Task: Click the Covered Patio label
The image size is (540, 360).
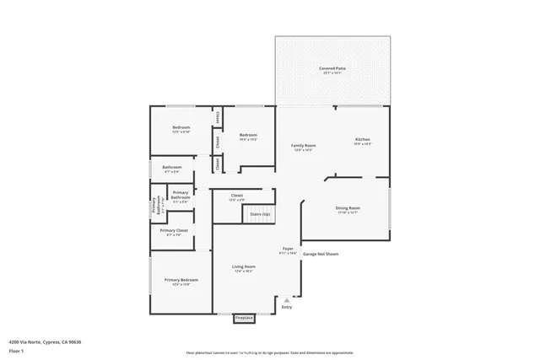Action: pyautogui.click(x=332, y=68)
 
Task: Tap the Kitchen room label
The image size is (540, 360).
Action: pyautogui.click(x=362, y=139)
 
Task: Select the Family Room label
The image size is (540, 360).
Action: pyautogui.click(x=303, y=146)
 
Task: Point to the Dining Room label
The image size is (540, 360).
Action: pyautogui.click(x=348, y=208)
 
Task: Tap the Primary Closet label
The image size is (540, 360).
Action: pyautogui.click(x=174, y=230)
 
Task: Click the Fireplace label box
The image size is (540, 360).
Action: pyautogui.click(x=243, y=318)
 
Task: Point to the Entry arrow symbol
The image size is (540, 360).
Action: pyautogui.click(x=287, y=299)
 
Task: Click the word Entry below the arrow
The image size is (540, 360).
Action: pyautogui.click(x=287, y=308)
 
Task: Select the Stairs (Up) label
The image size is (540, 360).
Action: pyautogui.click(x=261, y=214)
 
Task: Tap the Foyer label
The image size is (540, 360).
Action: pyautogui.click(x=289, y=250)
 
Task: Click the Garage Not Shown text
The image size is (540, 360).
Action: pyautogui.click(x=321, y=254)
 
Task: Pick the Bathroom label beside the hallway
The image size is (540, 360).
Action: pyautogui.click(x=172, y=167)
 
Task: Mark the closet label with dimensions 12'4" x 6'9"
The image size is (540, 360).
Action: pyautogui.click(x=237, y=196)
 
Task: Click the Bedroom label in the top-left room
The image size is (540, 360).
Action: pyautogui.click(x=181, y=128)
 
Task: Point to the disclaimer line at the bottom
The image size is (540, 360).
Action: pyautogui.click(x=270, y=352)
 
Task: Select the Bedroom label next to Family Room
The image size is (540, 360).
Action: pyautogui.click(x=248, y=136)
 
